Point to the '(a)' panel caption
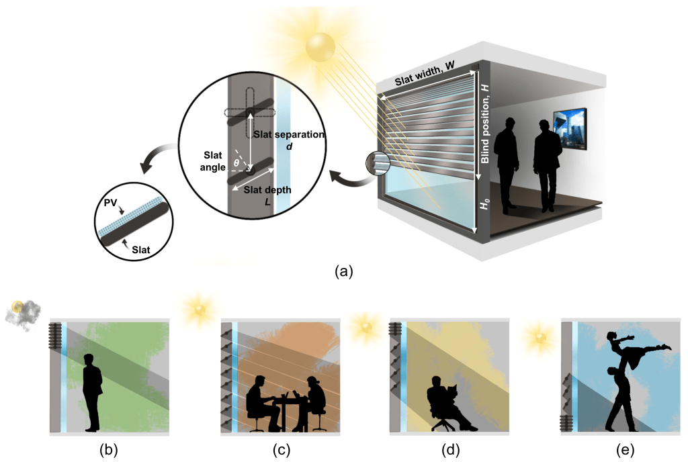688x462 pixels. pos(343,271)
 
